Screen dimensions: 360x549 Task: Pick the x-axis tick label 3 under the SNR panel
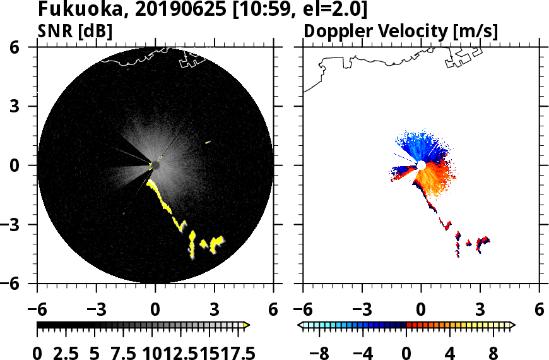point(214,311)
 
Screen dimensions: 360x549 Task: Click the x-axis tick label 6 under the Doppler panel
point(539,311)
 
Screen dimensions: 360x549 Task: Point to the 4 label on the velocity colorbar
point(450,352)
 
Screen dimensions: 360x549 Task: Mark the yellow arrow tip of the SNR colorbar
point(247,325)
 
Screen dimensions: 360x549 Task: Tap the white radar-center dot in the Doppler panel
point(421,165)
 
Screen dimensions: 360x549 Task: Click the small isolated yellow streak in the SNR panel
point(208,142)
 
